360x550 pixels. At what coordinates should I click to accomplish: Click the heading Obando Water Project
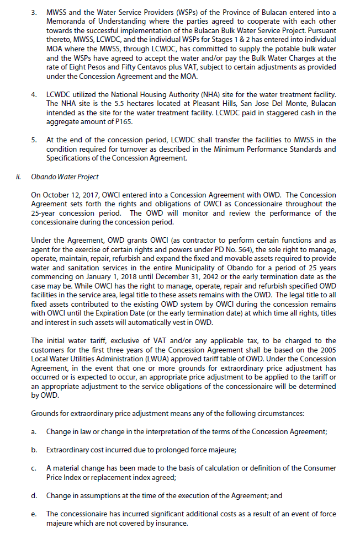coord(65,177)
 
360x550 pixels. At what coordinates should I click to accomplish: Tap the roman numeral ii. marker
coord(18,177)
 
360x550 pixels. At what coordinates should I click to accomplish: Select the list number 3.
coord(34,12)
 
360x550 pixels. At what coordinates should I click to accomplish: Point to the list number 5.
coord(34,140)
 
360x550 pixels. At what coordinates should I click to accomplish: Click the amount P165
coord(120,121)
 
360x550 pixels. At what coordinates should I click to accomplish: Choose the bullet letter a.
coord(34,431)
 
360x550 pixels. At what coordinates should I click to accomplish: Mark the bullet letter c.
coord(34,468)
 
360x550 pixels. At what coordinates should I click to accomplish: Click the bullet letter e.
coord(34,514)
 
